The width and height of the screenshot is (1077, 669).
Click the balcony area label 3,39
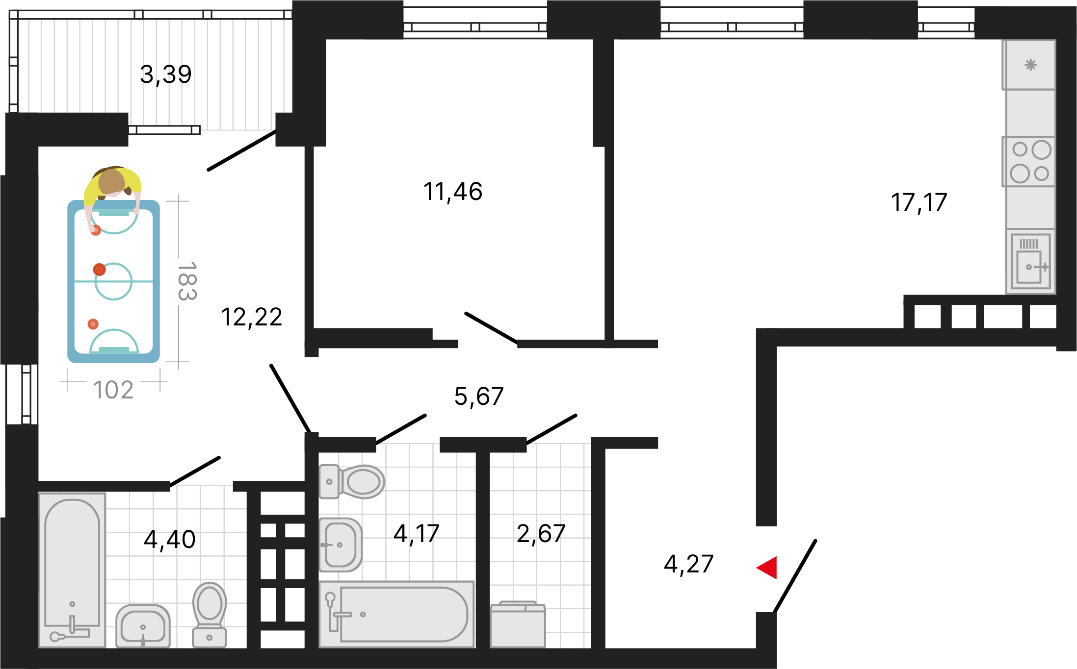click(x=166, y=75)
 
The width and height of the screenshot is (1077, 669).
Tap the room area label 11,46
click(x=453, y=192)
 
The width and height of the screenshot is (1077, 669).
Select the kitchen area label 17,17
click(x=919, y=203)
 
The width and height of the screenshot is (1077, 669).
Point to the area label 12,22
click(x=252, y=317)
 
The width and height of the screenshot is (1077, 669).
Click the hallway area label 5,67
click(x=479, y=396)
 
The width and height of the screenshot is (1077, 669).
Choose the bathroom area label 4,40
click(x=170, y=540)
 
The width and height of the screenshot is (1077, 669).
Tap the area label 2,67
click(x=541, y=534)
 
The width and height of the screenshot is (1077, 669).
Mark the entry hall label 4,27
click(x=688, y=565)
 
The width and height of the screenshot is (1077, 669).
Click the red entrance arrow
click(x=767, y=568)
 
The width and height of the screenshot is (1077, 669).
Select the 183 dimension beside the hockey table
click(x=187, y=281)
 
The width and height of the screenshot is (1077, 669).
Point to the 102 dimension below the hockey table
click(x=113, y=391)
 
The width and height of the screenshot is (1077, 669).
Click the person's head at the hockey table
click(x=112, y=181)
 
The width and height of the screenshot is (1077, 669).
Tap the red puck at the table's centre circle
click(x=100, y=269)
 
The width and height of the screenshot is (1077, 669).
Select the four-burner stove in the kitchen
click(x=1029, y=162)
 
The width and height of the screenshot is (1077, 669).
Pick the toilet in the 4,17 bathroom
click(x=352, y=482)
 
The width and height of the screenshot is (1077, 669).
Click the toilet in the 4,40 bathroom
click(x=210, y=615)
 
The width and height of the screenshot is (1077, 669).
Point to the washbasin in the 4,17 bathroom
click(x=341, y=545)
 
